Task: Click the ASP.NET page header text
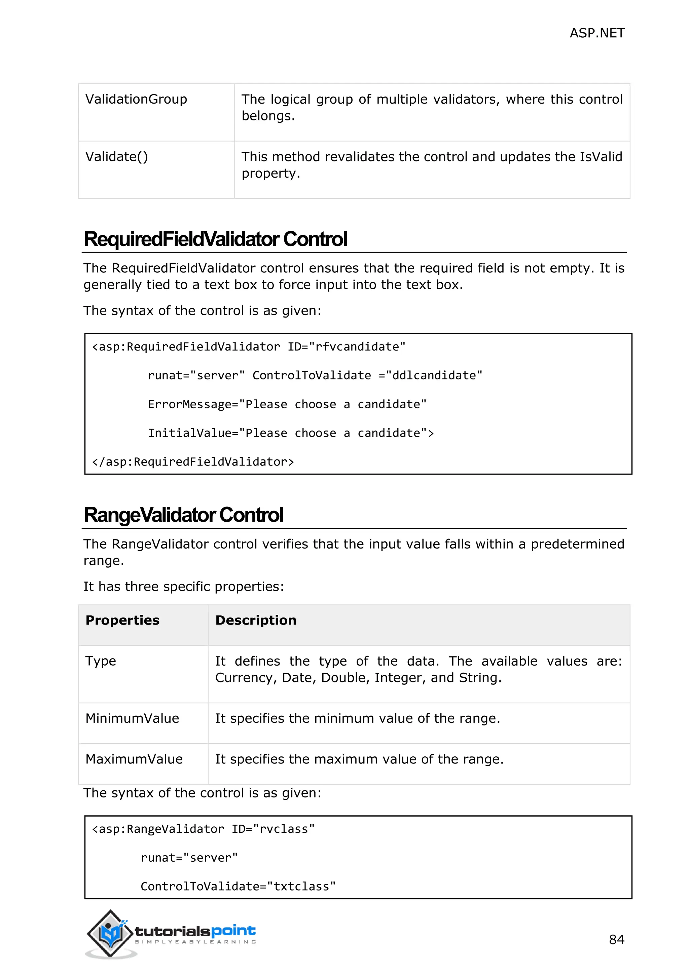596,33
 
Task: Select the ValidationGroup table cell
136,99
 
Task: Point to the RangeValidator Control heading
183,515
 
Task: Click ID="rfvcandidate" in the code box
346,347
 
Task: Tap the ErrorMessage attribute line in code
287,405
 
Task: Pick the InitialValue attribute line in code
291,434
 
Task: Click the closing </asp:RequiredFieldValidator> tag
193,462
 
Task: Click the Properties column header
122,621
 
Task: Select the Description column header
256,621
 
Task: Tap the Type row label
101,661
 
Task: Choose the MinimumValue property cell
132,719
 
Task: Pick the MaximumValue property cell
134,759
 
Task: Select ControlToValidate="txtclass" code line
238,887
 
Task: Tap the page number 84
616,940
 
